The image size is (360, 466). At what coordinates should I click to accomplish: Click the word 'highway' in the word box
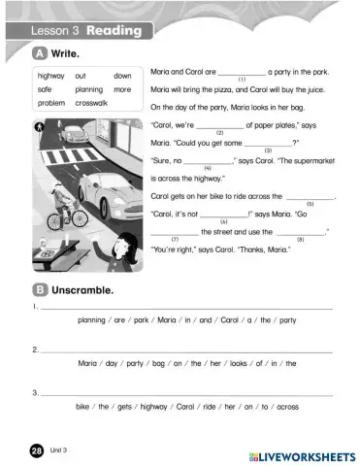tap(50, 76)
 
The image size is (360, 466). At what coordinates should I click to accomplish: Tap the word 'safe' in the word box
tap(45, 89)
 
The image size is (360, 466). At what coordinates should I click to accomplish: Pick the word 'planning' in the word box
tap(88, 89)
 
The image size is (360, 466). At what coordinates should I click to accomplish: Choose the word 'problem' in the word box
tap(51, 102)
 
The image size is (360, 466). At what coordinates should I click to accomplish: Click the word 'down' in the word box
tap(122, 76)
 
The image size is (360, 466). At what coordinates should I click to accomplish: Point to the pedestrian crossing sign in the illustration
tap(40, 126)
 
